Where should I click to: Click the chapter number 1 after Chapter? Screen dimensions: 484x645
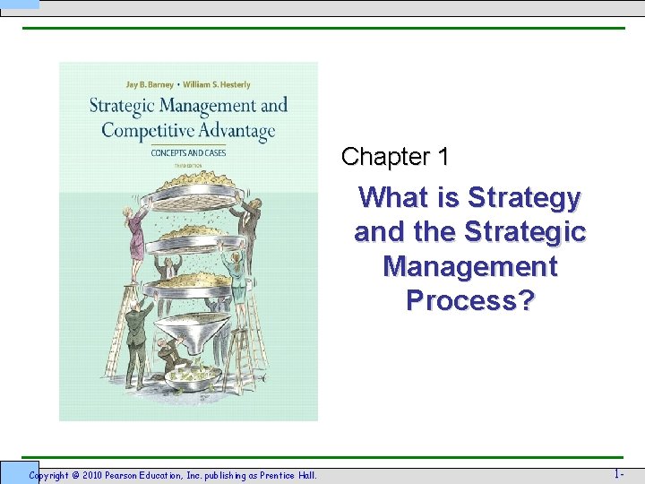[443, 157]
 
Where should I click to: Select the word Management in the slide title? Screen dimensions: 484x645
[469, 266]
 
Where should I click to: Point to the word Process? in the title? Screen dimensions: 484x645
[469, 300]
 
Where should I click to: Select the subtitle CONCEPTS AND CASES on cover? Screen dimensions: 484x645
[188, 152]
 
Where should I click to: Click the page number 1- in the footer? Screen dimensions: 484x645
[619, 473]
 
